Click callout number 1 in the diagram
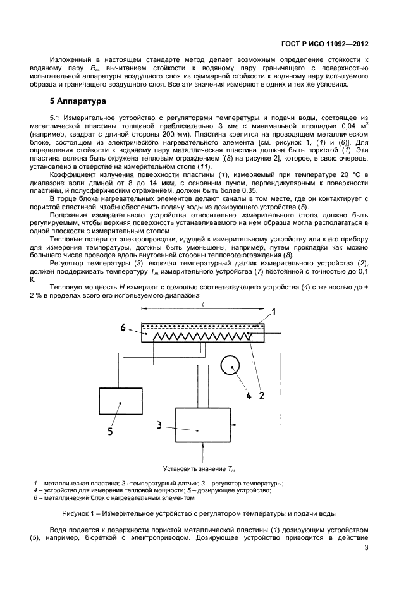(x=274, y=312)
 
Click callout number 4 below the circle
(x=249, y=396)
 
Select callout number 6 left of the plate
(x=124, y=326)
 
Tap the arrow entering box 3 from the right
(x=237, y=425)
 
